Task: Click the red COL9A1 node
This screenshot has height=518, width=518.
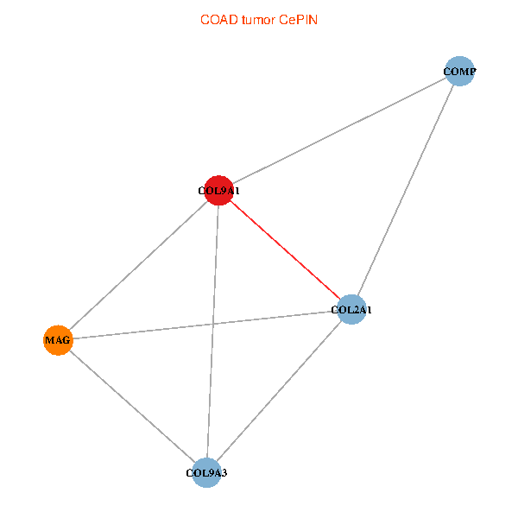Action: tap(218, 190)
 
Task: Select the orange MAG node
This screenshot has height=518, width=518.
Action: tap(58, 340)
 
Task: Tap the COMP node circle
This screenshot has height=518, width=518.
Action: tap(459, 71)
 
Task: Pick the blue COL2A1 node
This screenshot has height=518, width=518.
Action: tap(351, 310)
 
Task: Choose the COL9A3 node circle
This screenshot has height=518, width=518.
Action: tap(206, 473)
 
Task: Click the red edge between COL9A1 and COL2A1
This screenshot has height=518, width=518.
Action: tap(285, 250)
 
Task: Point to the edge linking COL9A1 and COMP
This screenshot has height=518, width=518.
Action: tap(339, 130)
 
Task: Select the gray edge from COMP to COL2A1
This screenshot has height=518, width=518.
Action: tap(406, 190)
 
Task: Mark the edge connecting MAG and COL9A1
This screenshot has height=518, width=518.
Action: tap(138, 265)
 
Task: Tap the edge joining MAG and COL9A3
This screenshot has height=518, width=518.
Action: tap(132, 407)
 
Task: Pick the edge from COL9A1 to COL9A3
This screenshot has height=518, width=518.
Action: tap(212, 332)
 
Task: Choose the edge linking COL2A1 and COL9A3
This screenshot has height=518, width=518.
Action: tap(279, 391)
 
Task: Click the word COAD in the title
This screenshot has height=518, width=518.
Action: tap(219, 20)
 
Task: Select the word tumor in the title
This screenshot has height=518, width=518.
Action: tap(259, 20)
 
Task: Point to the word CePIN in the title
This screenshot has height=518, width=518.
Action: tap(298, 20)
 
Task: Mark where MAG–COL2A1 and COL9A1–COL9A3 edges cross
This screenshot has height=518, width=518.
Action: tap(212, 324)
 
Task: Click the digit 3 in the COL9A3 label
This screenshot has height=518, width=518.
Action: tap(224, 473)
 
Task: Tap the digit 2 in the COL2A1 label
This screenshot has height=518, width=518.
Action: tap(357, 310)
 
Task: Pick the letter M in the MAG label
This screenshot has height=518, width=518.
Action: tap(49, 340)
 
